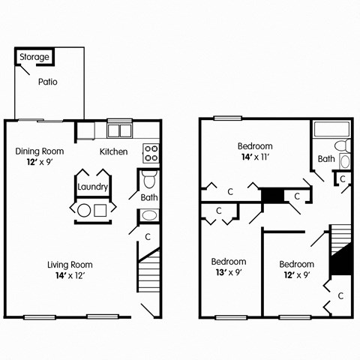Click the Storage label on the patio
click(x=34, y=57)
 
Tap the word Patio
click(x=47, y=82)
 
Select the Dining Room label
click(x=40, y=151)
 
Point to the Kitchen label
click(x=114, y=151)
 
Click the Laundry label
click(x=93, y=187)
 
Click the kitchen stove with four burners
click(x=151, y=152)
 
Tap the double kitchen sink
click(x=118, y=130)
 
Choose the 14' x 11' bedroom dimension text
click(x=255, y=157)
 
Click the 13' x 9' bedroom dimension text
click(x=228, y=273)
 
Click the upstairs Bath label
click(x=326, y=159)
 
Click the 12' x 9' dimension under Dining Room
click(x=40, y=161)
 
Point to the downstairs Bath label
click(x=148, y=198)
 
